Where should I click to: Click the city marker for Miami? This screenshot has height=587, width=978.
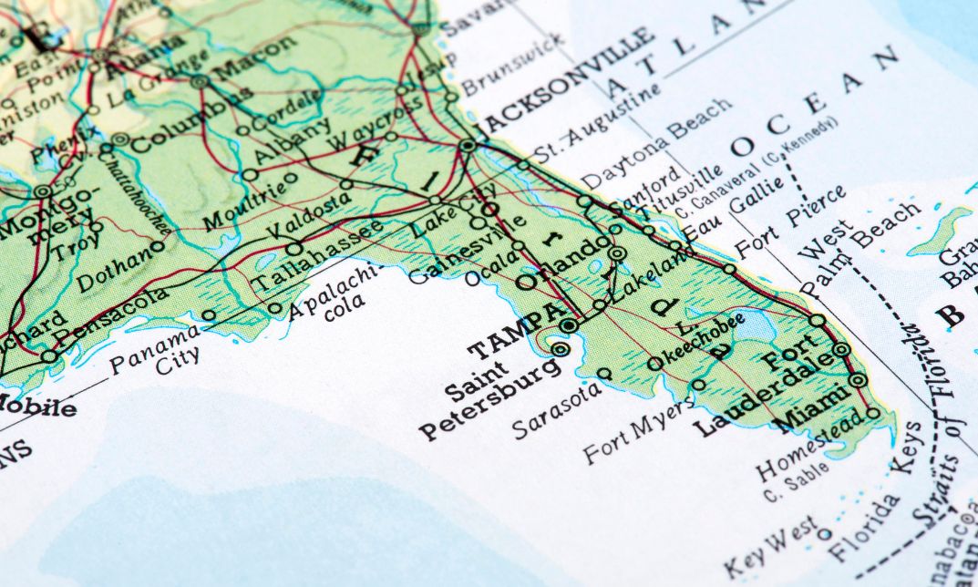(x=858, y=380)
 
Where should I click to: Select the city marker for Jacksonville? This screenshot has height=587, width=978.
(x=468, y=145)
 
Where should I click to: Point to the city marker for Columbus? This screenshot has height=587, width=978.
(x=119, y=139)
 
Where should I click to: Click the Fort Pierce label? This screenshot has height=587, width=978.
(x=790, y=222)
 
